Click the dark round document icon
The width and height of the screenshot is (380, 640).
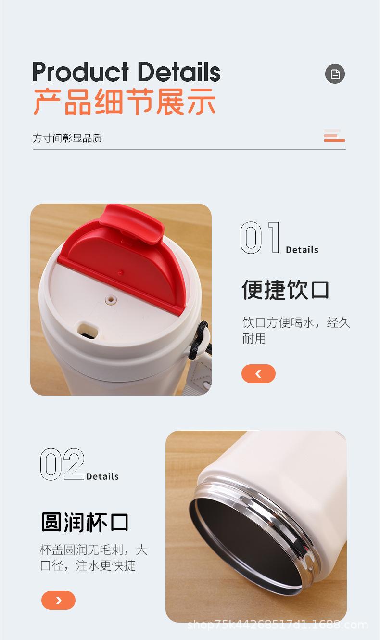coord(335,74)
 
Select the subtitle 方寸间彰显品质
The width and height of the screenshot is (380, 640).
coord(67,139)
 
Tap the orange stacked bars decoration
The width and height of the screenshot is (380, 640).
coord(334,136)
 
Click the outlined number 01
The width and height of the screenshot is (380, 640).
coord(260,238)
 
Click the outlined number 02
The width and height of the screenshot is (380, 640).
coord(62,465)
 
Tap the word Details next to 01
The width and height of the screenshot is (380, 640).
coord(302,250)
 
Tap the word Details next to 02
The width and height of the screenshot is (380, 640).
coord(102,476)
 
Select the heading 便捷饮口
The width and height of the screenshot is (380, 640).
coord(285,290)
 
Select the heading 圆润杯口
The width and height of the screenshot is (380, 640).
coord(85,523)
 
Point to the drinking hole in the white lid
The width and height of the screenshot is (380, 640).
coord(87,330)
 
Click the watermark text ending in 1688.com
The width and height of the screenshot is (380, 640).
coord(278,625)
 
